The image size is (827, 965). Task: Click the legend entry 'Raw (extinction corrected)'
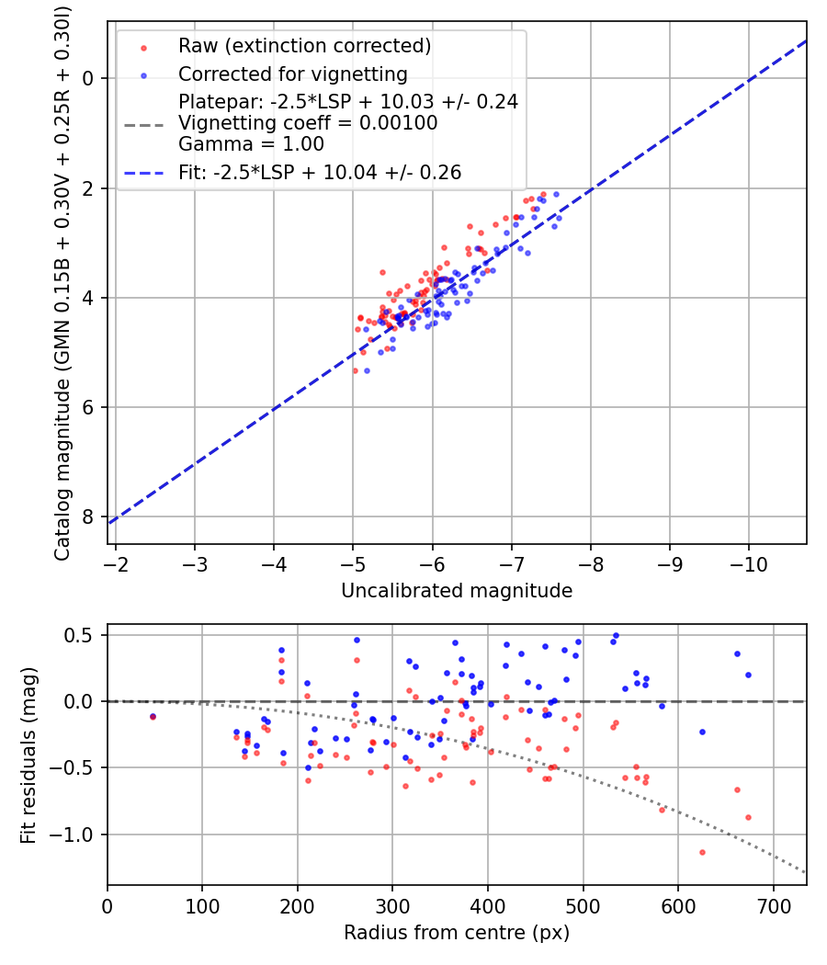click(x=304, y=46)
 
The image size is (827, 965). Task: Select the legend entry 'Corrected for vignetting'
click(x=292, y=74)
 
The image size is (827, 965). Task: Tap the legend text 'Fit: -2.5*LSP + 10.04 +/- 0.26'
click(x=320, y=172)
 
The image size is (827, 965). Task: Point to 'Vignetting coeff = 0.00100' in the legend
click(x=308, y=123)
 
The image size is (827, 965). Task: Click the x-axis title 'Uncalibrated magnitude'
click(x=457, y=591)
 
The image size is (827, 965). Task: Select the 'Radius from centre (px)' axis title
click(x=457, y=933)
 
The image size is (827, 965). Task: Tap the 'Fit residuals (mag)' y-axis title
click(x=28, y=755)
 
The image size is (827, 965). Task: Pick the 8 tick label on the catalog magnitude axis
click(x=89, y=517)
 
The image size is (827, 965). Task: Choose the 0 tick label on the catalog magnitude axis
click(x=89, y=78)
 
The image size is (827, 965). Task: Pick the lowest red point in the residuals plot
click(x=702, y=852)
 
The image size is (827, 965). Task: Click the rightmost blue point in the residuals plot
click(x=748, y=675)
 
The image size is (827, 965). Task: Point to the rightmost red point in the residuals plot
click(x=748, y=817)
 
